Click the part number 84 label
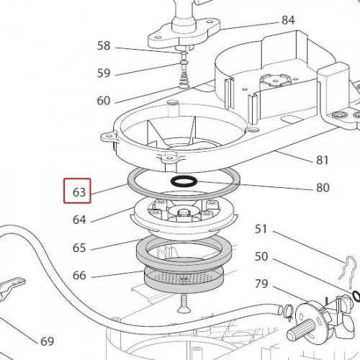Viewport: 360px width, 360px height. click(288, 20)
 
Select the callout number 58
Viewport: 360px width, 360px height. click(104, 45)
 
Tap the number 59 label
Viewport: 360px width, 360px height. click(104, 73)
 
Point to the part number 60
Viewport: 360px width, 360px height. click(104, 101)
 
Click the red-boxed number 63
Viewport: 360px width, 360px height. click(79, 192)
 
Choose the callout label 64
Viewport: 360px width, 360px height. click(79, 220)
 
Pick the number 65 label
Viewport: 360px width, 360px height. click(79, 248)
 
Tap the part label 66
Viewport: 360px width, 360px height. click(79, 275)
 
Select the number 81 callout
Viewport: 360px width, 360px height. click(322, 160)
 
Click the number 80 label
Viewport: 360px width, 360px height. click(323, 187)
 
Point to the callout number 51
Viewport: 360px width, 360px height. click(261, 229)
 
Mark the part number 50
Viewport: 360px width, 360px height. click(261, 256)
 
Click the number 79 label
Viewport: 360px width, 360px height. click(261, 284)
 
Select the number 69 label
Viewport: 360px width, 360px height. click(47, 341)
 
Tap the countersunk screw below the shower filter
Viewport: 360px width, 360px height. click(183, 304)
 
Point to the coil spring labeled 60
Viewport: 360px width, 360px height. click(184, 81)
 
